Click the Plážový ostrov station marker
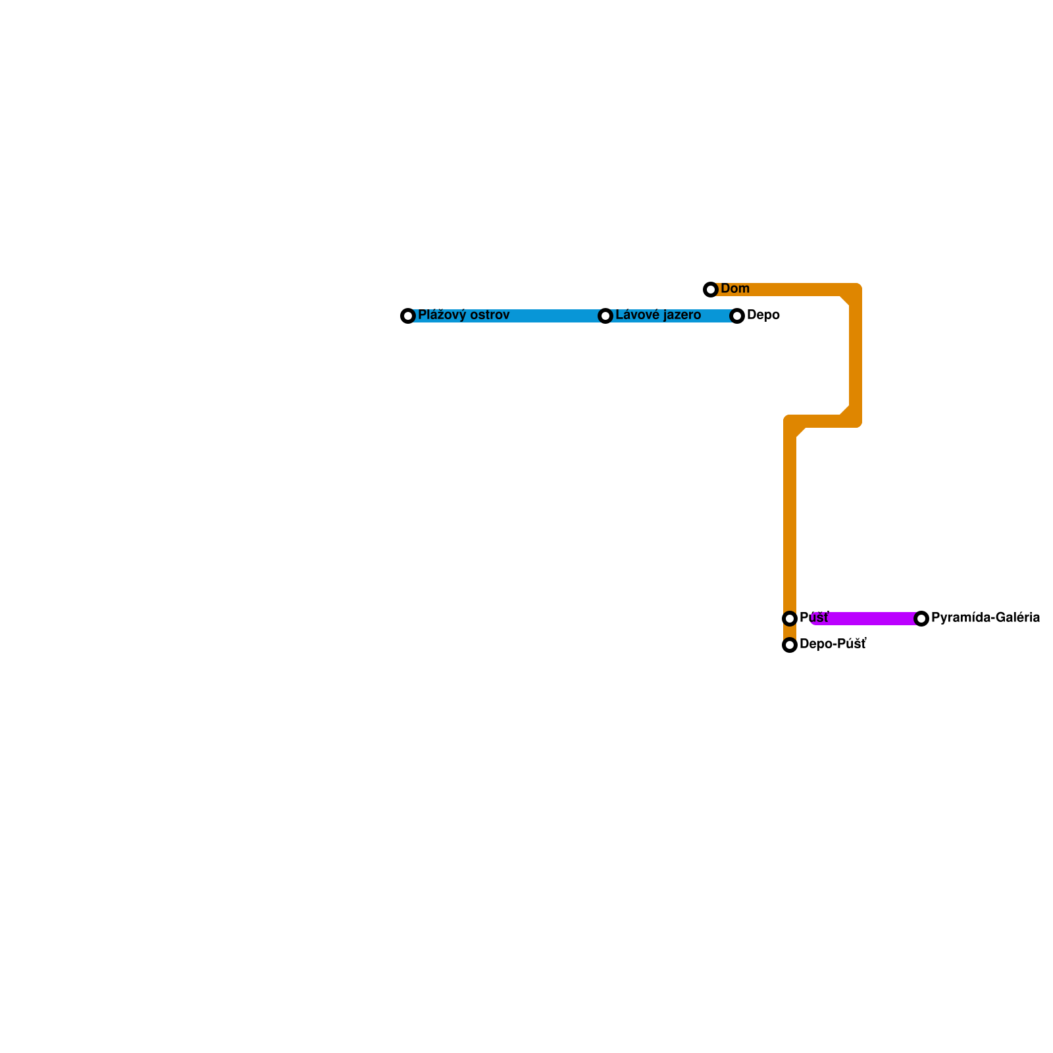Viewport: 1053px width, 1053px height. click(408, 316)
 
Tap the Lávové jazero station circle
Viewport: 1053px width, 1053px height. click(605, 316)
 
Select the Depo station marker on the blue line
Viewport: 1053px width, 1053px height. click(737, 316)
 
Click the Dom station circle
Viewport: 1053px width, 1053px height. click(711, 290)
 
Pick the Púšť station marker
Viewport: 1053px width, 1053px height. click(790, 619)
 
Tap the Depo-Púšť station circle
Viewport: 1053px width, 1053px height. click(790, 645)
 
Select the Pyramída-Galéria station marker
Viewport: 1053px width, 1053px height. click(921, 619)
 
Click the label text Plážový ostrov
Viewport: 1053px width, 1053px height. click(463, 315)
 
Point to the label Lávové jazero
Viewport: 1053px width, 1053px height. click(658, 315)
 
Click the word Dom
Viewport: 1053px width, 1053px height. click(735, 289)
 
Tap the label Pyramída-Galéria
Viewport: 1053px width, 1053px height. click(985, 618)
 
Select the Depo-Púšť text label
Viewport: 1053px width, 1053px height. click(833, 644)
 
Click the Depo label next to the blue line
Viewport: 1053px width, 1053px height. click(763, 315)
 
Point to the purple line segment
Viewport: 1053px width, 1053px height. click(869, 619)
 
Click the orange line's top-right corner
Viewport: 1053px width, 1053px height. click(855, 290)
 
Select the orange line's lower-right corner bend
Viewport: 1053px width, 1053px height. click(855, 421)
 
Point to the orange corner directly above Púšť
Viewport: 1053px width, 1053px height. click(790, 422)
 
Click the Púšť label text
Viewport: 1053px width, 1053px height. click(814, 618)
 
